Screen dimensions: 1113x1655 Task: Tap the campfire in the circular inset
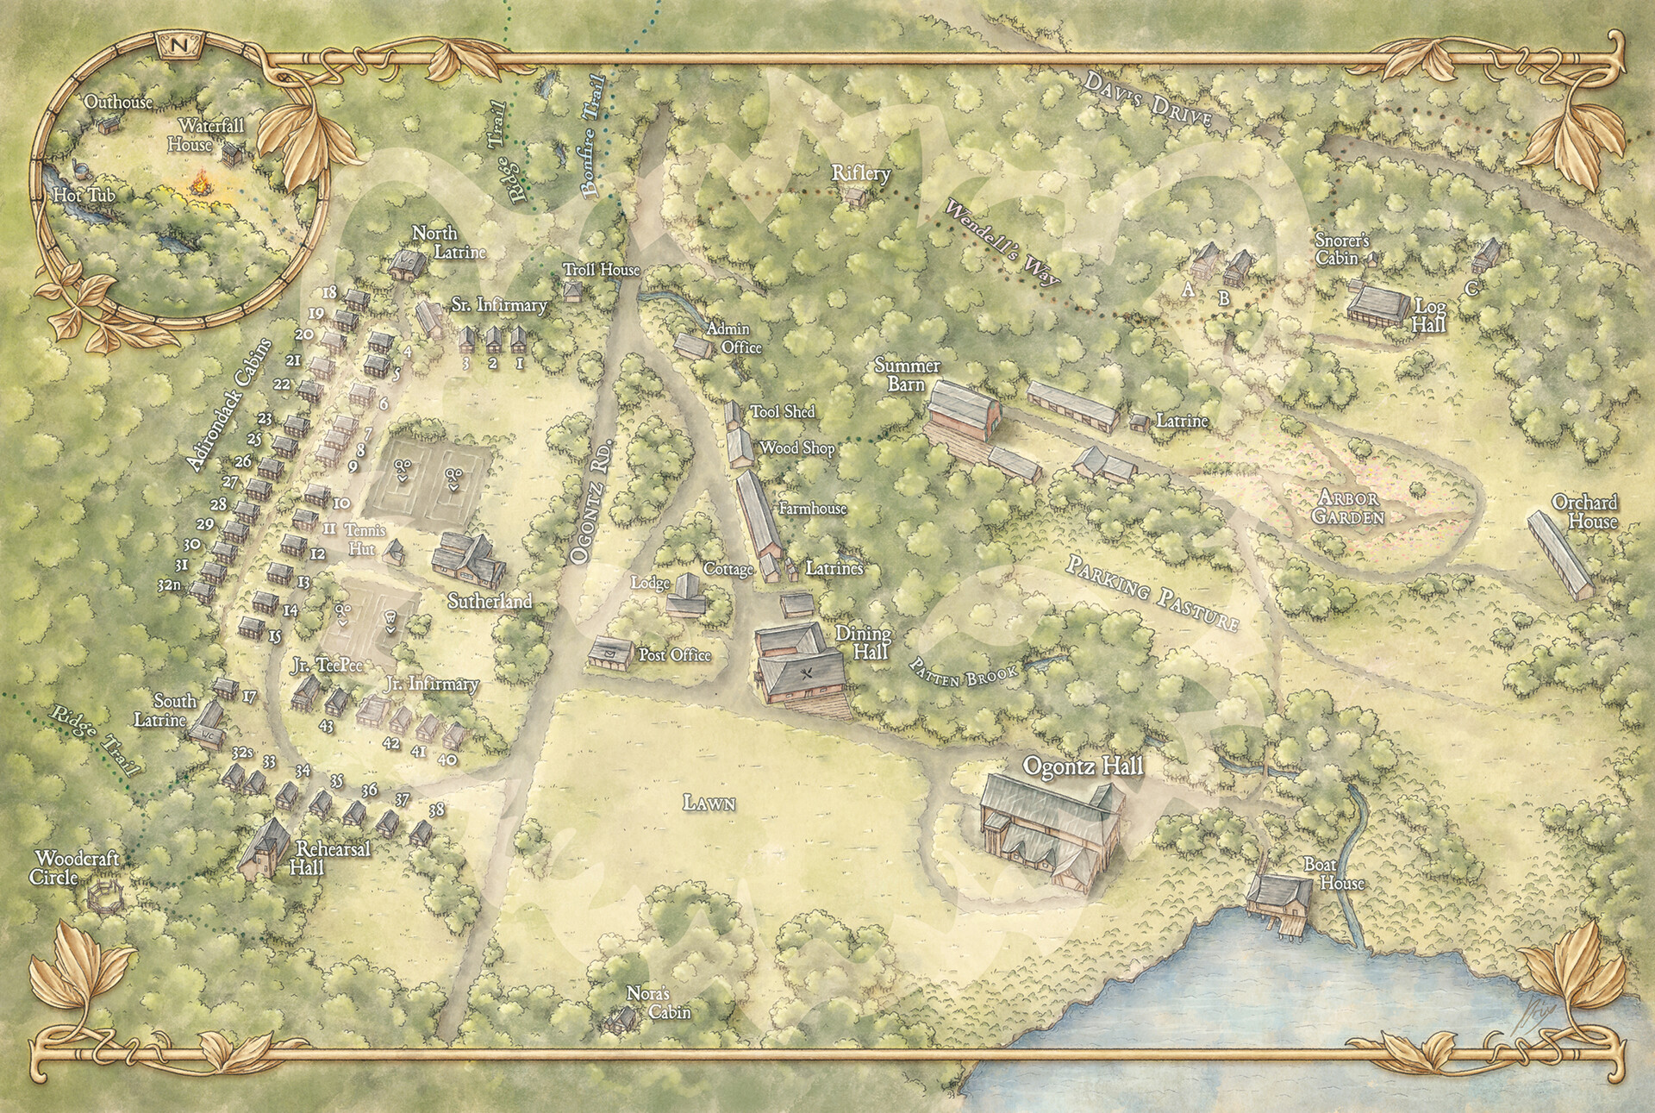tap(202, 184)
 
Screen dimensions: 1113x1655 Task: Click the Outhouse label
tap(118, 103)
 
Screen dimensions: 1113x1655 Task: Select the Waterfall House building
tap(233, 156)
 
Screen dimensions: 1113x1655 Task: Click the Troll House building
tap(571, 290)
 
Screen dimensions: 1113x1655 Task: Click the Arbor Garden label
tap(1350, 509)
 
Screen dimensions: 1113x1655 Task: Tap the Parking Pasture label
tap(1152, 595)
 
